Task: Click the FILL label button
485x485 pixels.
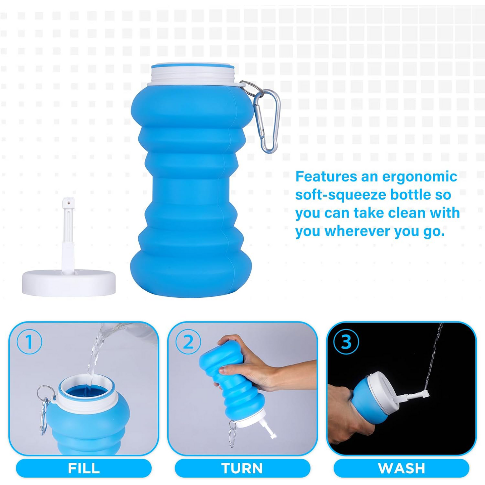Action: pyautogui.click(x=84, y=468)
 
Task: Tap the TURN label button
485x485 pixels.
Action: pyautogui.click(x=242, y=468)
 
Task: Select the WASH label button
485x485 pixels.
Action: pyautogui.click(x=401, y=468)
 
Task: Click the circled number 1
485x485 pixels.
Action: pyautogui.click(x=30, y=342)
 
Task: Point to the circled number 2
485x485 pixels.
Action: pyautogui.click(x=188, y=342)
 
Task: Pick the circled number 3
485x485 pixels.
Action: pyautogui.click(x=346, y=342)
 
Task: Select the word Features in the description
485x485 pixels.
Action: pyautogui.click(x=326, y=177)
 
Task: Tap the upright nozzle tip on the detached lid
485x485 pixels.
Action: pyautogui.click(x=68, y=203)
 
